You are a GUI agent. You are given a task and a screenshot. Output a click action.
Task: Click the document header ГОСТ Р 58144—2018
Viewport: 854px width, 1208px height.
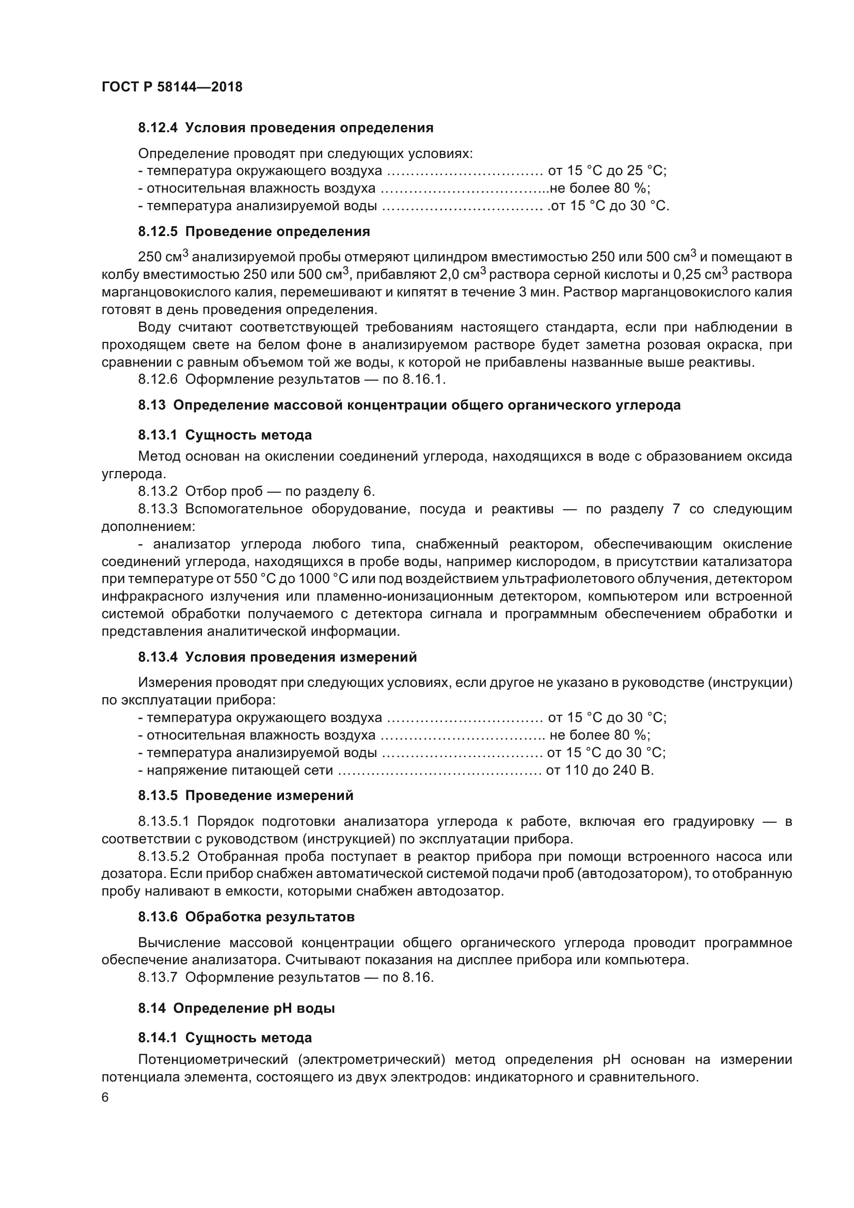[172, 87]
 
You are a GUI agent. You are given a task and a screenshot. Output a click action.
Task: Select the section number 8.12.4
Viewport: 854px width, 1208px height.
[159, 128]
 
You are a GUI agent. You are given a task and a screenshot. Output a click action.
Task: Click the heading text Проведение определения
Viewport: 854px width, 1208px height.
[278, 231]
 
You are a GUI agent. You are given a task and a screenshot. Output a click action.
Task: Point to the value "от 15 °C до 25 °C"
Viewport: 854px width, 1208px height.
[607, 171]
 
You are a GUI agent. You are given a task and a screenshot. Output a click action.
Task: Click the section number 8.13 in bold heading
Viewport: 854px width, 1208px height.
[152, 405]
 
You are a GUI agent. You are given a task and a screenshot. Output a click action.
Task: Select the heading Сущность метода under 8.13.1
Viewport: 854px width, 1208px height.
[248, 435]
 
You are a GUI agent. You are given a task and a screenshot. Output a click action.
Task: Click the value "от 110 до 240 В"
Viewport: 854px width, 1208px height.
[599, 771]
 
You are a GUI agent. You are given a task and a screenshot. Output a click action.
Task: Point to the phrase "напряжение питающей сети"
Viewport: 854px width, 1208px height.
[240, 771]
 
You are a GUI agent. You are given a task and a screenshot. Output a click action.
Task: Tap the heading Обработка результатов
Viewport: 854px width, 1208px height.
[270, 917]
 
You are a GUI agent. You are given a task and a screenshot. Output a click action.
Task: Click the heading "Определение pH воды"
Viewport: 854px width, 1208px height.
[254, 1009]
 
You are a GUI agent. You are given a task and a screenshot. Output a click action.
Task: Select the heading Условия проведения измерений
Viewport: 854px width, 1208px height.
[301, 657]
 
